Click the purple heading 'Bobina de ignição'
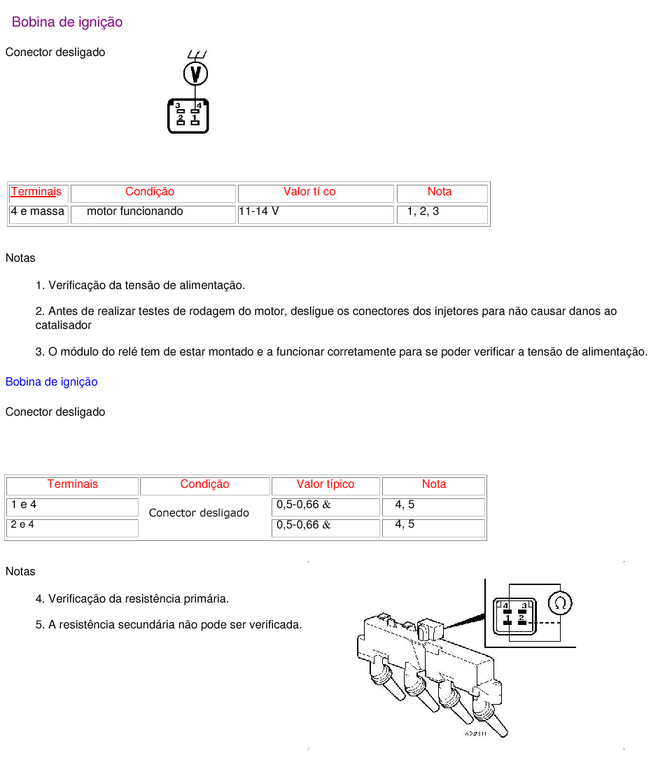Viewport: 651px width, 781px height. [67, 22]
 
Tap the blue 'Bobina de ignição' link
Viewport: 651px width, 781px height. [51, 382]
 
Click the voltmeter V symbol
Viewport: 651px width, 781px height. [195, 73]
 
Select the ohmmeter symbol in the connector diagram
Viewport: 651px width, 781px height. [560, 603]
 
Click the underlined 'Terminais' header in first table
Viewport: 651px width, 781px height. [36, 192]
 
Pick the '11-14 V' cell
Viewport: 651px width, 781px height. [259, 211]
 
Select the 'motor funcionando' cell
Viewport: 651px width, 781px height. [135, 211]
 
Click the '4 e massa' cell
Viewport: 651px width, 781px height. [38, 211]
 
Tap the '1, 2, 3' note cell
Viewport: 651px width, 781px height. [423, 211]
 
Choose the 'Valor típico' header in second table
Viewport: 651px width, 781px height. [325, 484]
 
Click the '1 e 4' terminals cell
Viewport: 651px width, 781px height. [24, 505]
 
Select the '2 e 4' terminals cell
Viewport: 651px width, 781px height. [22, 524]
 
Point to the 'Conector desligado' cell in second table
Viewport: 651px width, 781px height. [199, 513]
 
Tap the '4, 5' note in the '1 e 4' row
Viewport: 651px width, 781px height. [405, 505]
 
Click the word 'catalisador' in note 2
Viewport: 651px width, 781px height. [64, 325]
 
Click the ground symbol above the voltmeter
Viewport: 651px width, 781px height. [197, 55]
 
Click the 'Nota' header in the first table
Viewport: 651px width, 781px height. [440, 192]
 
